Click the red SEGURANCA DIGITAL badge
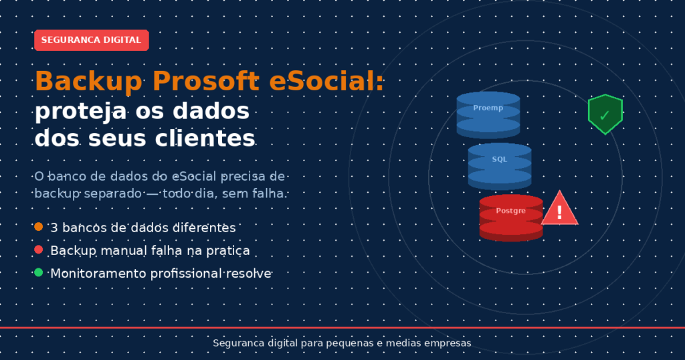(92, 40)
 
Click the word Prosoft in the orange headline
(206, 81)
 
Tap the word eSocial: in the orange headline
(326, 81)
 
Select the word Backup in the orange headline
(89, 82)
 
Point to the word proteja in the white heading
(81, 112)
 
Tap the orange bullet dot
(38, 227)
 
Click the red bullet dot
(38, 250)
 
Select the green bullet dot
(38, 272)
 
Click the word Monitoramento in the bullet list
(98, 274)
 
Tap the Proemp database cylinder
(488, 115)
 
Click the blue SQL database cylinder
(500, 167)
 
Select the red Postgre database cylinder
(511, 218)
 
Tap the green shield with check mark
(605, 114)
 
